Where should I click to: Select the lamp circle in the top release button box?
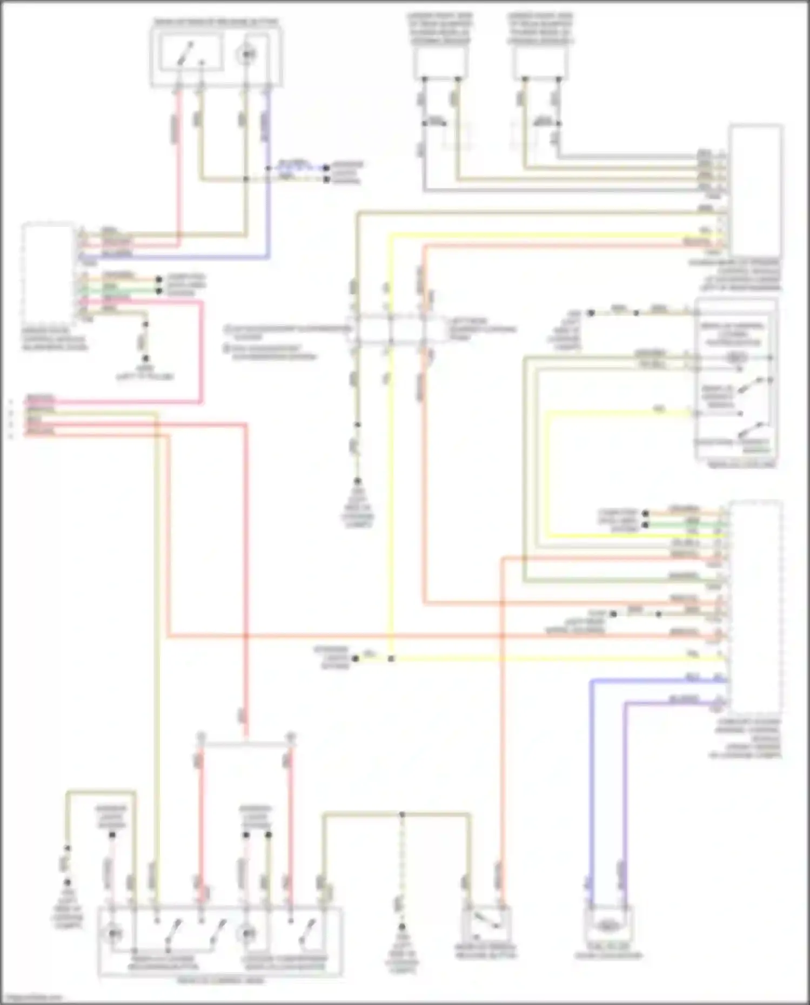click(246, 54)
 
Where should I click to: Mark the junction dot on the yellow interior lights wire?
click(391, 659)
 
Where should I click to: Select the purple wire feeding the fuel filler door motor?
click(626, 783)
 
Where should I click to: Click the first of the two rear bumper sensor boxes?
click(440, 61)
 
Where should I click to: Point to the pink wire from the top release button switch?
click(178, 162)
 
